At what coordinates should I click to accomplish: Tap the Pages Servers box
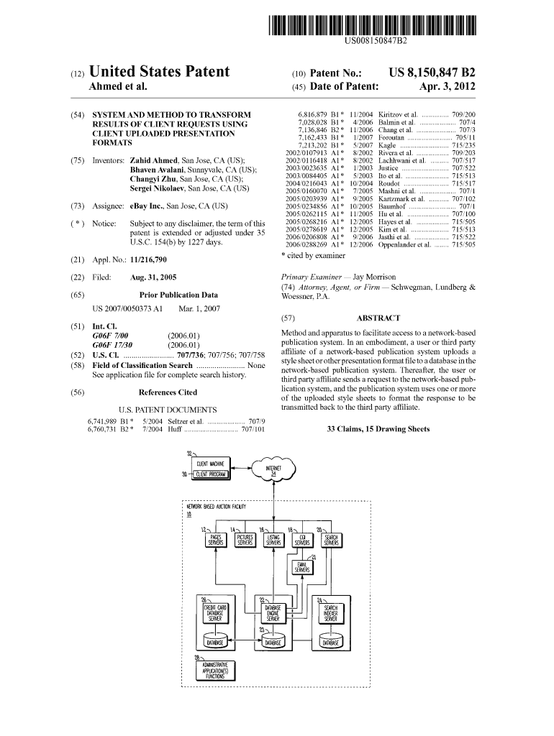(215, 540)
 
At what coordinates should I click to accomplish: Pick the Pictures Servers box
(245, 540)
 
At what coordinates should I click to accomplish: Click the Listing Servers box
(273, 540)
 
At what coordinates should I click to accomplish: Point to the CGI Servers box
(302, 540)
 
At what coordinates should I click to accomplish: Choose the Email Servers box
(302, 568)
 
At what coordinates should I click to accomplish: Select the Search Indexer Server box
(331, 612)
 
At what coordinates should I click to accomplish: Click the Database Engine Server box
(273, 612)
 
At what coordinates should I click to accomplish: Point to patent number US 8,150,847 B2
(432, 73)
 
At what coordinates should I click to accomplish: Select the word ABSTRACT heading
(378, 318)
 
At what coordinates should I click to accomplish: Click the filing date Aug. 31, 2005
(153, 277)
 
